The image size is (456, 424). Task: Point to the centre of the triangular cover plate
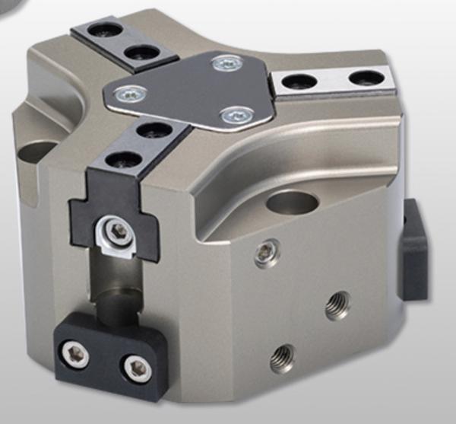196,91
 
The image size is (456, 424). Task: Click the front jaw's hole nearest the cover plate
154,130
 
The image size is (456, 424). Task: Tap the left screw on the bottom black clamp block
77,352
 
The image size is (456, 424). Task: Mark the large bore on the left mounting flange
37,152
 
